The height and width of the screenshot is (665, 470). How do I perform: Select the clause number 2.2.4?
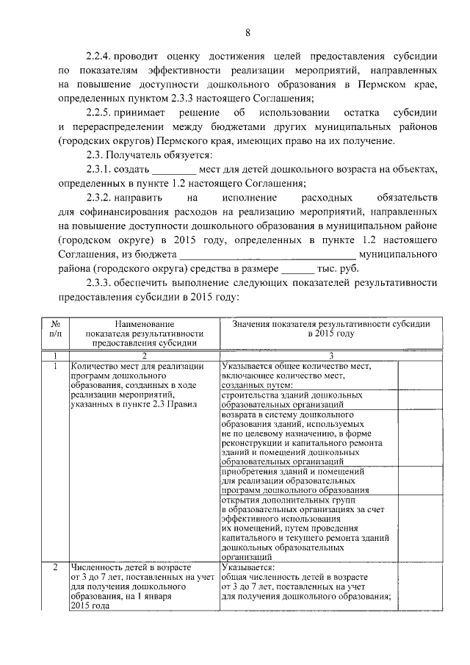tap(101, 57)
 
